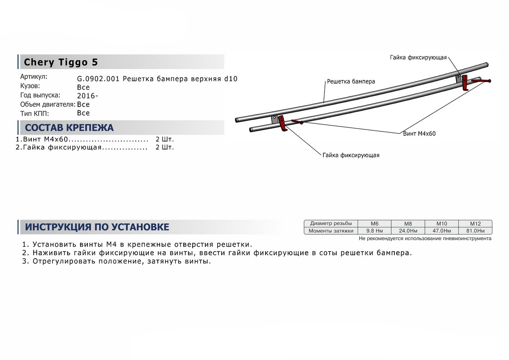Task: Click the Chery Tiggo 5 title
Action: click(61, 62)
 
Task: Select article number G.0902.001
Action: click(98, 79)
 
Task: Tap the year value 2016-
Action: click(87, 96)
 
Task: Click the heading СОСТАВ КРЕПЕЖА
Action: click(69, 128)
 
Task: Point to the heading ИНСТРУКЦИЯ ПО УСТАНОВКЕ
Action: click(97, 227)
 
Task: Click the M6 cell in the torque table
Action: click(374, 223)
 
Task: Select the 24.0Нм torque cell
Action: click(408, 231)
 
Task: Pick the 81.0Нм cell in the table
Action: click(475, 231)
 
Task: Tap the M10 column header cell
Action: click(442, 223)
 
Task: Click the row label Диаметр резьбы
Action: click(331, 223)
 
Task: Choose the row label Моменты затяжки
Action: click(331, 231)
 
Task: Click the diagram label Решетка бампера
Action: click(351, 81)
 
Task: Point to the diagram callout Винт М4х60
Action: click(419, 133)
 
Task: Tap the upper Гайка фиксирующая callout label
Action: click(418, 57)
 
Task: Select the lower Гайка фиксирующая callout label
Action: click(351, 155)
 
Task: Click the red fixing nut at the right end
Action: click(465, 82)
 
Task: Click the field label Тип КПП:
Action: click(34, 113)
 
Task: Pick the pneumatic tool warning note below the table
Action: click(425, 239)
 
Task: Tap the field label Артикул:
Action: click(34, 77)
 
